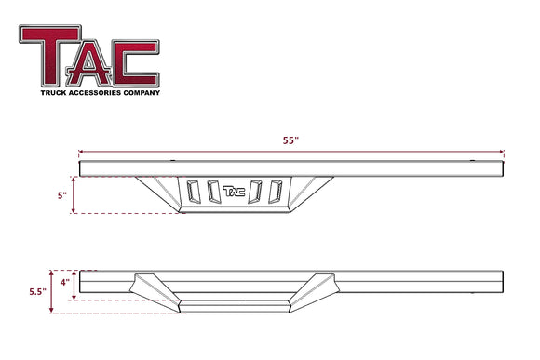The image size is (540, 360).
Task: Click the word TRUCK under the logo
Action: pyautogui.click(x=55, y=92)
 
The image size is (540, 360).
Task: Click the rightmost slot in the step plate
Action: pyautogui.click(x=275, y=191)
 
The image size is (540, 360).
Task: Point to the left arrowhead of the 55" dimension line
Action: pyautogui.click(x=82, y=151)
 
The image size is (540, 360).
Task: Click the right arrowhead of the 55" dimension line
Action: pyautogui.click(x=502, y=151)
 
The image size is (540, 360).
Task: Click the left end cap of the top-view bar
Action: pyautogui.click(x=83, y=168)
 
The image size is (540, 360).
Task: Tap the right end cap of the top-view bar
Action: pyautogui.click(x=502, y=168)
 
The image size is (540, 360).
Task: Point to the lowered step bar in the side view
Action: pyautogui.click(x=237, y=305)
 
